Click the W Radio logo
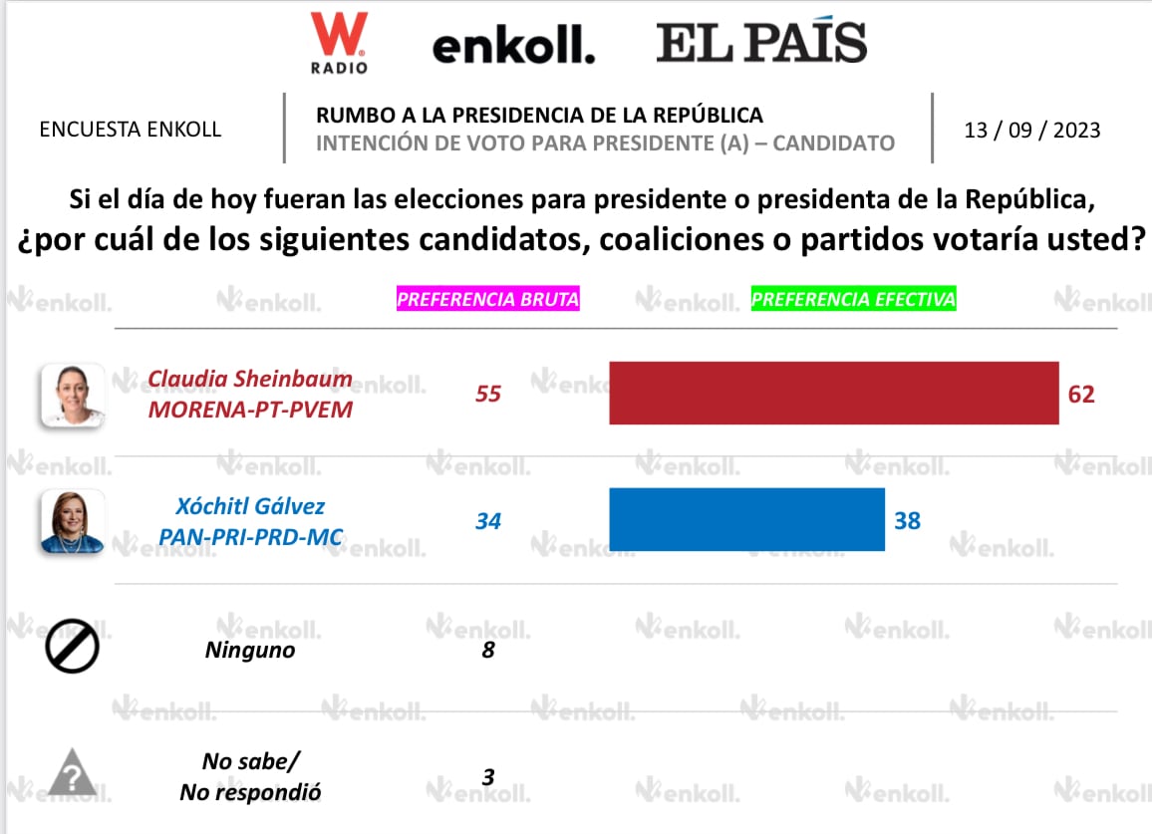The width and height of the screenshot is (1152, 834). coord(339,42)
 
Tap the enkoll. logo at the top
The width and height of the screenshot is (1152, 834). coord(513,46)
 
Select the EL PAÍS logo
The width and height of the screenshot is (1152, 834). coord(761,43)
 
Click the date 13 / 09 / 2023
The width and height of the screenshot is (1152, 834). coord(1032,130)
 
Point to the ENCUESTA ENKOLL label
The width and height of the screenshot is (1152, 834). coord(130,130)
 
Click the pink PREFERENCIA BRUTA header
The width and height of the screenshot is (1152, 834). coord(488,299)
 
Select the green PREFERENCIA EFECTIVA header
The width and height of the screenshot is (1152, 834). coord(853,299)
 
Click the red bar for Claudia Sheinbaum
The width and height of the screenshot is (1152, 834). coord(833,393)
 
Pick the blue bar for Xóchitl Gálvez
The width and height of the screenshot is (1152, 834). coord(746,519)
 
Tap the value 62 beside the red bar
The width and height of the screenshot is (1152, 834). coord(1081,394)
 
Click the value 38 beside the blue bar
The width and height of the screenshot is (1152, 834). coord(907,520)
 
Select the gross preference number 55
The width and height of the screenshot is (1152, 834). coord(487,394)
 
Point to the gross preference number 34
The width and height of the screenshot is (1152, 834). coord(487,520)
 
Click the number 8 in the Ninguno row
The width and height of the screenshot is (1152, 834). coord(487,650)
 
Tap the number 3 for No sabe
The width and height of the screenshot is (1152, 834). coord(487,776)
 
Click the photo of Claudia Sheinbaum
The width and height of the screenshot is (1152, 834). coord(72,395)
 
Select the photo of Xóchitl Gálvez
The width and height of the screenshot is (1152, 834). coord(72,520)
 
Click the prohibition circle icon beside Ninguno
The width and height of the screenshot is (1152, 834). coord(72,650)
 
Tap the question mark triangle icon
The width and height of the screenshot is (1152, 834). coord(72,773)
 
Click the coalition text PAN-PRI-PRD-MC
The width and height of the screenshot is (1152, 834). coord(251,538)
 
